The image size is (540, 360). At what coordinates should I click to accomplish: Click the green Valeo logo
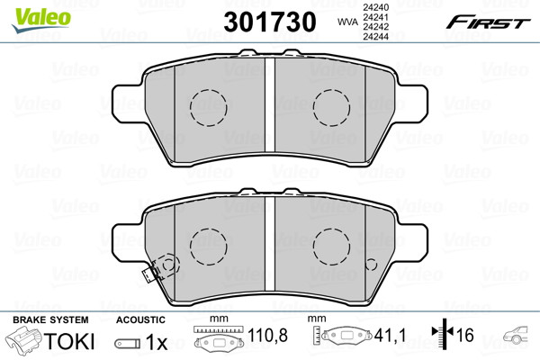click(x=41, y=20)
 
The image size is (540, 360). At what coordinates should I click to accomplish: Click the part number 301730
click(x=270, y=22)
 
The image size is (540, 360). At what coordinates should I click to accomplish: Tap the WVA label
click(x=347, y=22)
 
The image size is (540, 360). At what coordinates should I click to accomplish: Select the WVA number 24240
click(x=375, y=7)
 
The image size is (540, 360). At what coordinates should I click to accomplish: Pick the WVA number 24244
click(x=375, y=36)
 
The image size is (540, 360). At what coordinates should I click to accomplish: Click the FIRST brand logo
click(x=489, y=22)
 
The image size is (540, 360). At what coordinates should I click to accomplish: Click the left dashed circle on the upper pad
click(x=209, y=108)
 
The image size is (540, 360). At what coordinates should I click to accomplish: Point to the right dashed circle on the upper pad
click(x=331, y=108)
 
